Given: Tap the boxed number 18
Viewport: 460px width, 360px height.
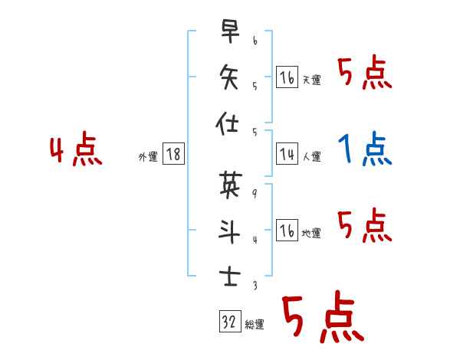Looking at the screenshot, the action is tap(173, 155).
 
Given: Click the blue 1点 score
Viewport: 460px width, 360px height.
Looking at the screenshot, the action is tap(365, 149).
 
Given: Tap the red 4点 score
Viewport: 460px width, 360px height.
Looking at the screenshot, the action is tap(77, 150).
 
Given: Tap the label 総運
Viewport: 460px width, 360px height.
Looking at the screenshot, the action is tap(255, 325).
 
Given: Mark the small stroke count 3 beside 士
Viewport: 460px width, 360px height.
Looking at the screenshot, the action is tap(254, 286).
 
